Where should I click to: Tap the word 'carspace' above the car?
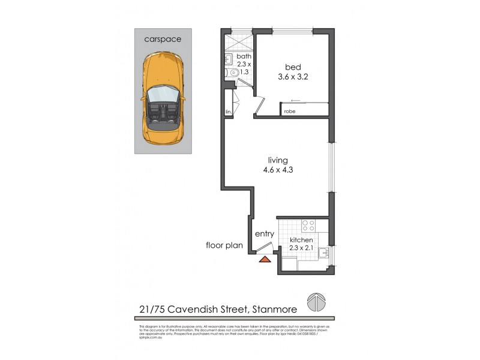(x=163, y=39)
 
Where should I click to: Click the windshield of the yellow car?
(x=160, y=95)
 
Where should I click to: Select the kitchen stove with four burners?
(x=308, y=226)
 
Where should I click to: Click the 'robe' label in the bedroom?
(x=290, y=112)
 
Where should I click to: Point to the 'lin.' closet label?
(x=229, y=112)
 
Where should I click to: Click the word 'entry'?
(x=265, y=234)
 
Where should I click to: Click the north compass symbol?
(x=316, y=301)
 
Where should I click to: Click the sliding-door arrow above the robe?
(x=294, y=101)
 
